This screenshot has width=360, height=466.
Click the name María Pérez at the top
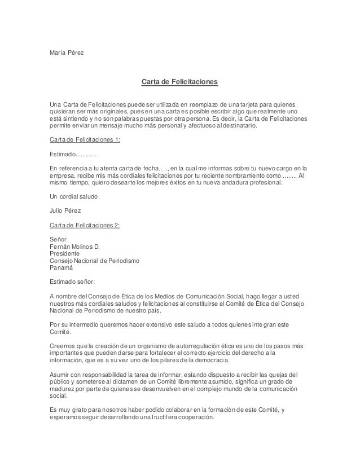tap(67, 53)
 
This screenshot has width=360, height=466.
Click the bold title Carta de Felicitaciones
tap(179, 83)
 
